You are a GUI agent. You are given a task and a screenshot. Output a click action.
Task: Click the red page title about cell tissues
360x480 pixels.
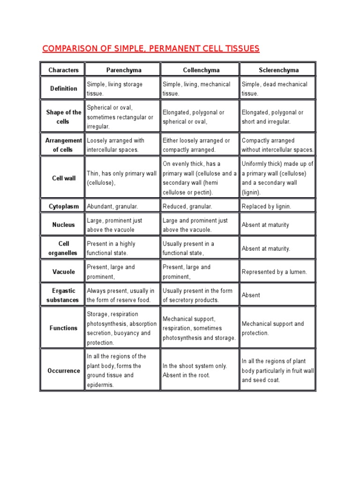click(x=150, y=49)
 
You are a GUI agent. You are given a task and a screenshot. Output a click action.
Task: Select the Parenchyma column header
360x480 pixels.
click(x=123, y=70)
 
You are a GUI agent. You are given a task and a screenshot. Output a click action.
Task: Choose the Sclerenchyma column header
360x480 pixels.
click(x=278, y=70)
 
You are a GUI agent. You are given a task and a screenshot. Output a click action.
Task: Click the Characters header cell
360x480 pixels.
click(x=63, y=70)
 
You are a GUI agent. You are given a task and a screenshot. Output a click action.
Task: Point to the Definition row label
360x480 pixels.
click(x=64, y=89)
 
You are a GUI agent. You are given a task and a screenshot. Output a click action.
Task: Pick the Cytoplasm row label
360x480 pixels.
click(x=64, y=206)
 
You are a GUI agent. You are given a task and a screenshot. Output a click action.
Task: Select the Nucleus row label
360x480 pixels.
click(x=64, y=225)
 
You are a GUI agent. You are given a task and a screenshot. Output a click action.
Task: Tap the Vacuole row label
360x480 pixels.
click(x=64, y=272)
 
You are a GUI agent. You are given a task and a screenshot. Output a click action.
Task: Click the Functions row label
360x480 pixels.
click(x=64, y=328)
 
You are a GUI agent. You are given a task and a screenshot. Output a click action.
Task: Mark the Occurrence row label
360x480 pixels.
click(x=64, y=371)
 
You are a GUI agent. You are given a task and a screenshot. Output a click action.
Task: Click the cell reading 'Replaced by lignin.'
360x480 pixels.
click(x=266, y=206)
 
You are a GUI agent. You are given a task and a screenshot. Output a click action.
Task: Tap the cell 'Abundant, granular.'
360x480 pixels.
click(x=112, y=206)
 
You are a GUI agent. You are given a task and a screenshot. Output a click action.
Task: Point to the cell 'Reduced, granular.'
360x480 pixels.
click(x=187, y=206)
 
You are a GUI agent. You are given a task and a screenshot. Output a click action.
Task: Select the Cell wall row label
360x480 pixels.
click(x=64, y=178)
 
